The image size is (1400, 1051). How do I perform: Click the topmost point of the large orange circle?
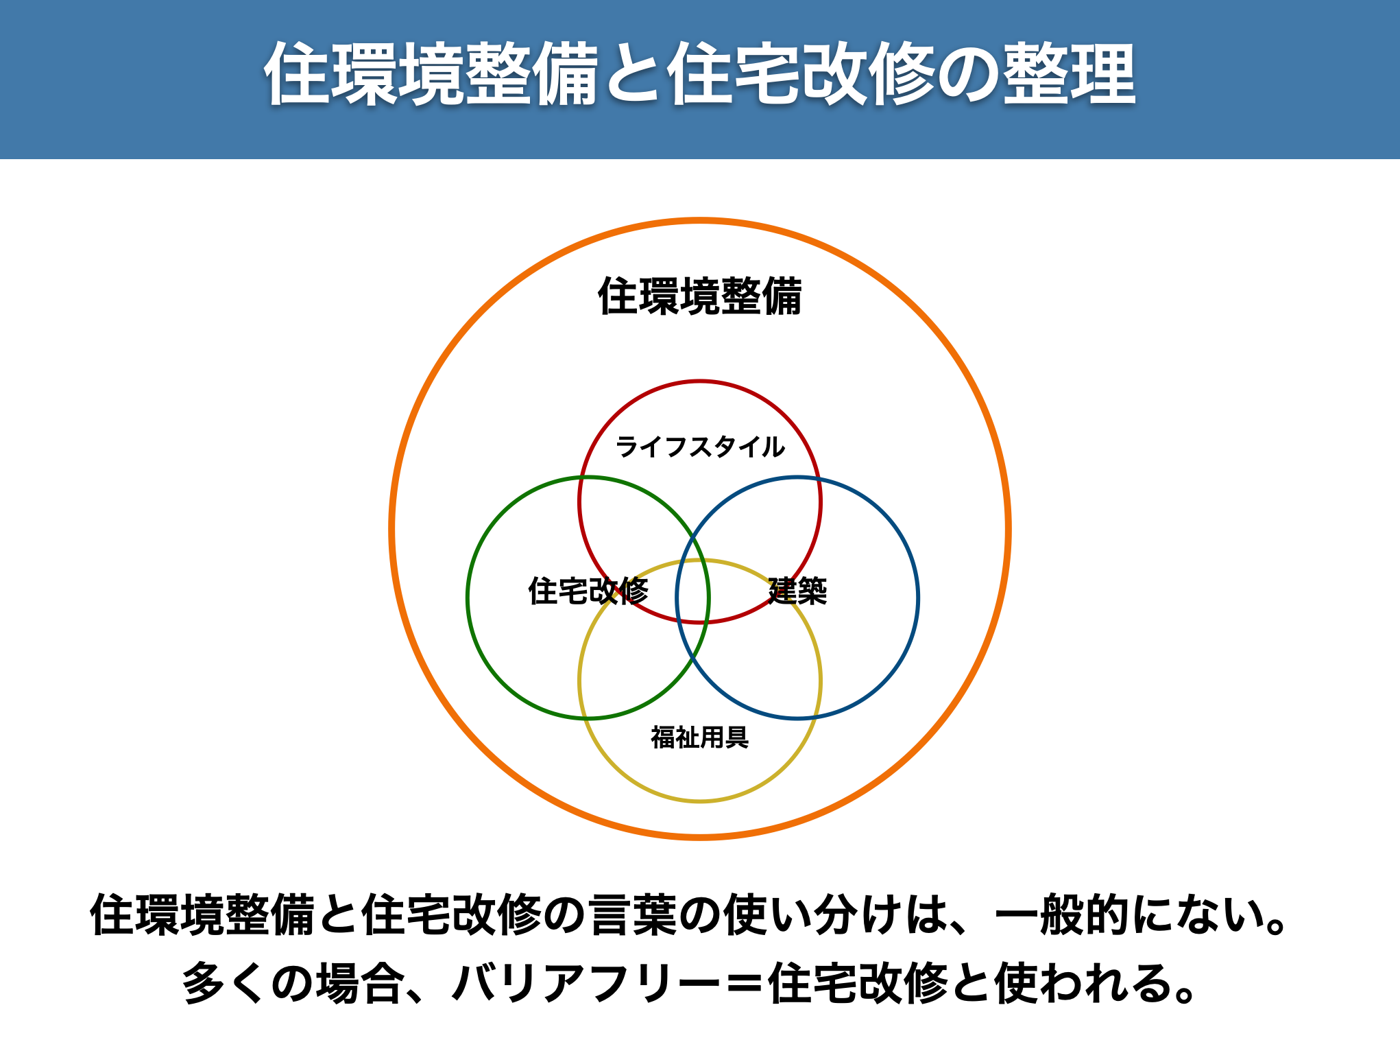click(700, 221)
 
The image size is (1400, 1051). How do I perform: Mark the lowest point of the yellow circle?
click(700, 801)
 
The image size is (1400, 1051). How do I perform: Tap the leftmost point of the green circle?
click(468, 598)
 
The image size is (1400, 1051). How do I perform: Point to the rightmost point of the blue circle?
click(918, 598)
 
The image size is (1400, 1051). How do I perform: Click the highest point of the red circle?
click(700, 381)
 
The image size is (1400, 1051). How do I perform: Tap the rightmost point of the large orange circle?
click(1009, 529)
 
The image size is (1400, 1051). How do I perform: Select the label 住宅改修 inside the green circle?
click(588, 591)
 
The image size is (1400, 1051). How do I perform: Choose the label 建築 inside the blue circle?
click(797, 591)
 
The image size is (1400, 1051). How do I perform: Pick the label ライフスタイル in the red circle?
click(700, 447)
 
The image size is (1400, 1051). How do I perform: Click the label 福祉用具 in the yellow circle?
click(700, 737)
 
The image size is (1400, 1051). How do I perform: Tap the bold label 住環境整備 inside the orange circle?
click(700, 296)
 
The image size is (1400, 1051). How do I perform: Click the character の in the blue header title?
click(967, 74)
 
